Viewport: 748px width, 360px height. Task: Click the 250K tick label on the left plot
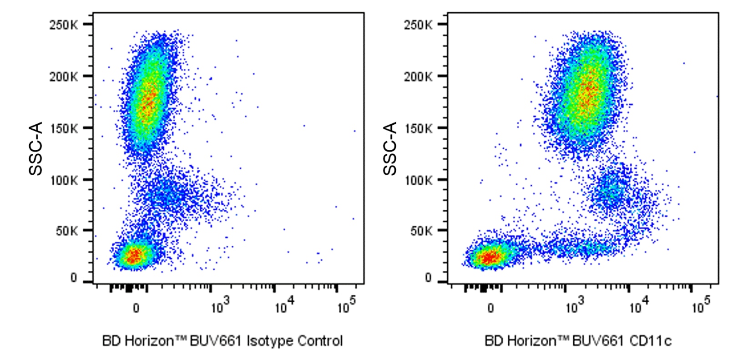[x=63, y=25]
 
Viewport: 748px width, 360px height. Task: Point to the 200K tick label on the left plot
[x=63, y=76]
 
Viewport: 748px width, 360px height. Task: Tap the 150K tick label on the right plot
[x=418, y=128]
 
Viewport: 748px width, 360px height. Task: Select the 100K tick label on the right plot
[x=418, y=180]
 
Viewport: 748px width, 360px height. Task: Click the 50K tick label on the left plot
[x=67, y=231]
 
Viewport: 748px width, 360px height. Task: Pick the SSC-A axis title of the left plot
[x=35, y=148]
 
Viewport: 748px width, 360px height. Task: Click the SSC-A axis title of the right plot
[x=390, y=148]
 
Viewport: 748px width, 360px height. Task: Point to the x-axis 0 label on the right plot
[x=490, y=309]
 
